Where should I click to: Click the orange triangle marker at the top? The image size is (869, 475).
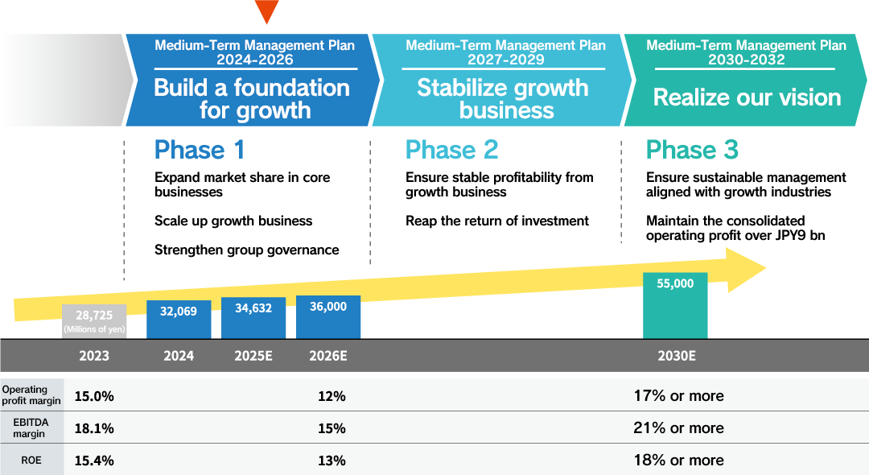pyautogui.click(x=266, y=10)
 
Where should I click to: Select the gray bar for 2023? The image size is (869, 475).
pyautogui.click(x=94, y=321)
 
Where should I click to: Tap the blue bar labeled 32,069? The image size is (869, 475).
pyautogui.click(x=179, y=319)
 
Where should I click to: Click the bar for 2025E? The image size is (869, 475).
pyautogui.click(x=253, y=317)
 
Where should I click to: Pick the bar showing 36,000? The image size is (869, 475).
pyautogui.click(x=328, y=316)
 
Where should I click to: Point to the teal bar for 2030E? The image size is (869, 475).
pyautogui.click(x=675, y=305)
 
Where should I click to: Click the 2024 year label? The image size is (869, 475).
pyautogui.click(x=179, y=355)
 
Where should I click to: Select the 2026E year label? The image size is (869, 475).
pyautogui.click(x=328, y=355)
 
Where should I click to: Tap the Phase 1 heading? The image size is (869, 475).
pyautogui.click(x=200, y=150)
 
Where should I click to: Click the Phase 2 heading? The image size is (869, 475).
pyautogui.click(x=452, y=150)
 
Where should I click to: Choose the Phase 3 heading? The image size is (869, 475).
pyautogui.click(x=693, y=150)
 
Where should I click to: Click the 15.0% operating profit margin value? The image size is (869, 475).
pyautogui.click(x=94, y=396)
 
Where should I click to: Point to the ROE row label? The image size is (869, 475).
pyautogui.click(x=31, y=461)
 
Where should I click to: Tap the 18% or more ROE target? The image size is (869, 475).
pyautogui.click(x=678, y=460)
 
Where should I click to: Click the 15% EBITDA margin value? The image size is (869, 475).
pyautogui.click(x=332, y=428)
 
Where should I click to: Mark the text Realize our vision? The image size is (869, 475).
pyautogui.click(x=747, y=97)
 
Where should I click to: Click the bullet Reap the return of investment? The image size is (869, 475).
pyautogui.click(x=497, y=221)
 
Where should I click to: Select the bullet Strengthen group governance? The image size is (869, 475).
pyautogui.click(x=246, y=250)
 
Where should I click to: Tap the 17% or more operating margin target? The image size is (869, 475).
pyautogui.click(x=678, y=395)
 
